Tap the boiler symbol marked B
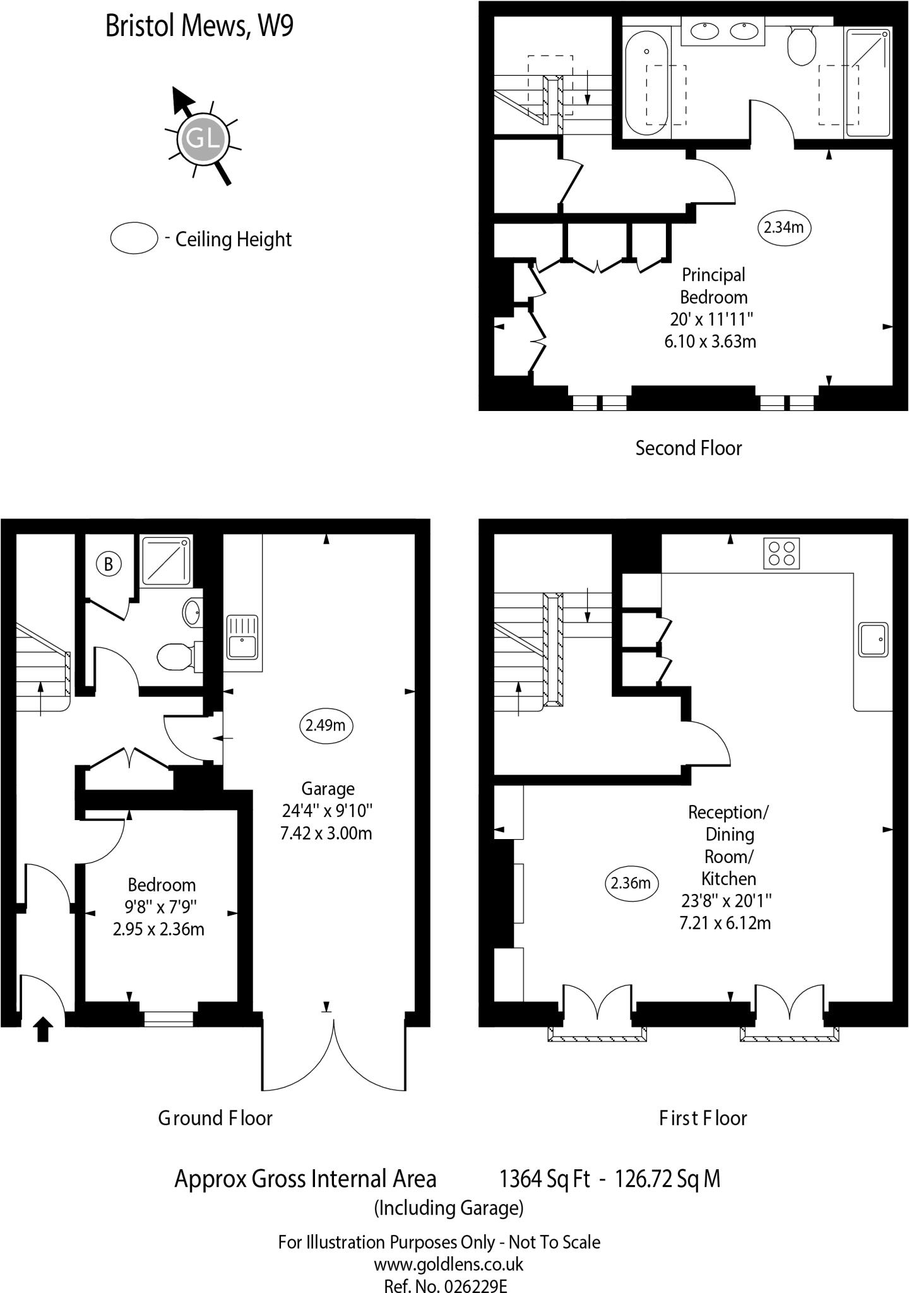point(108,563)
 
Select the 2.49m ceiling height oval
point(326,725)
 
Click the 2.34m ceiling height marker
point(783,227)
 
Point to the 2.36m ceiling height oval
point(631,883)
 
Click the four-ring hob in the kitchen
point(781,553)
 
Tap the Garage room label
point(328,789)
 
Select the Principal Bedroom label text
point(713,285)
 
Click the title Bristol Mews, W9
point(199,27)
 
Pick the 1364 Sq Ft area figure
point(544,1179)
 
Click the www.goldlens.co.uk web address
point(448,1264)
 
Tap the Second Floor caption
point(688,448)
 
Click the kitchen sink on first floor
point(872,639)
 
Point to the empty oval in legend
point(134,239)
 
